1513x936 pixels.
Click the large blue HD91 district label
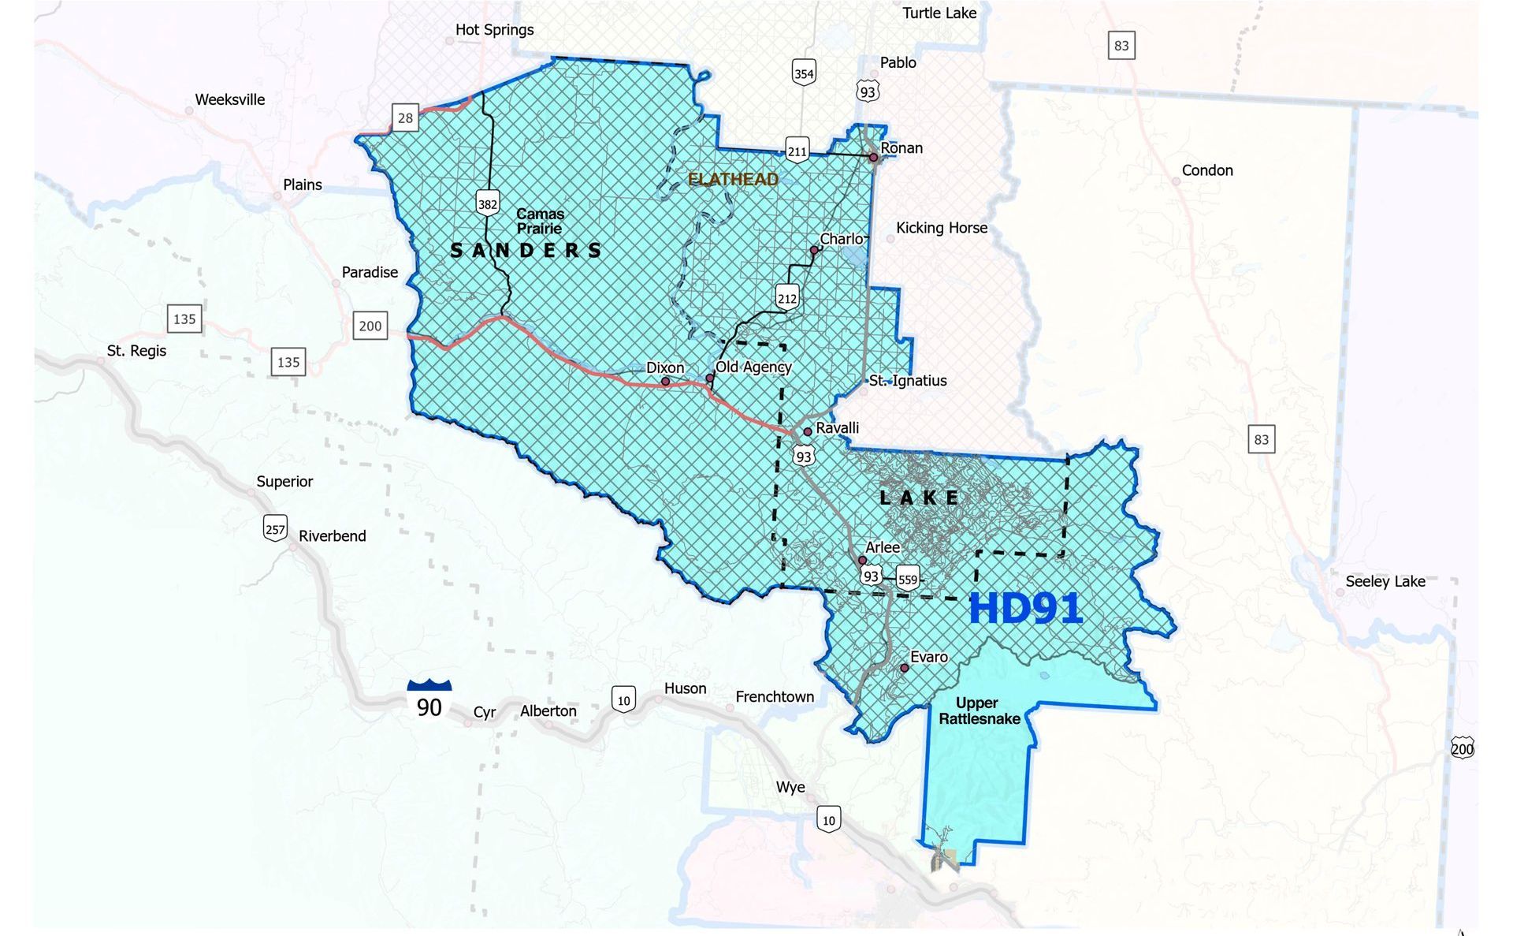1024,609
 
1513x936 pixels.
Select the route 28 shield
405,118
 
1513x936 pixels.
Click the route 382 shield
488,203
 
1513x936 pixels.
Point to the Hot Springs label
494,30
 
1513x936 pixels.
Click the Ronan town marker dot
873,158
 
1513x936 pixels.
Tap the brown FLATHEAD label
733,180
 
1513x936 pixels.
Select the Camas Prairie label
540,222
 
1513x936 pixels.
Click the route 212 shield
786,297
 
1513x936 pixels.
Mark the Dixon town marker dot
666,382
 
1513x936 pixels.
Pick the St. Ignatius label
908,381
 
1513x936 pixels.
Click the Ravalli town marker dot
808,432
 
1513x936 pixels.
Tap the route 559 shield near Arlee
908,579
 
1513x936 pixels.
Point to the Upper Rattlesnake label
979,710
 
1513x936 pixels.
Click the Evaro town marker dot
905,668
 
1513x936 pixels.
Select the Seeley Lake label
1385,582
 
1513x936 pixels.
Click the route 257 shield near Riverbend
275,528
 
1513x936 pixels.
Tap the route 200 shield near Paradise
370,326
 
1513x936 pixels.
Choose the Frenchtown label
775,697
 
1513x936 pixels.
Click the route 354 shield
803,73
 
